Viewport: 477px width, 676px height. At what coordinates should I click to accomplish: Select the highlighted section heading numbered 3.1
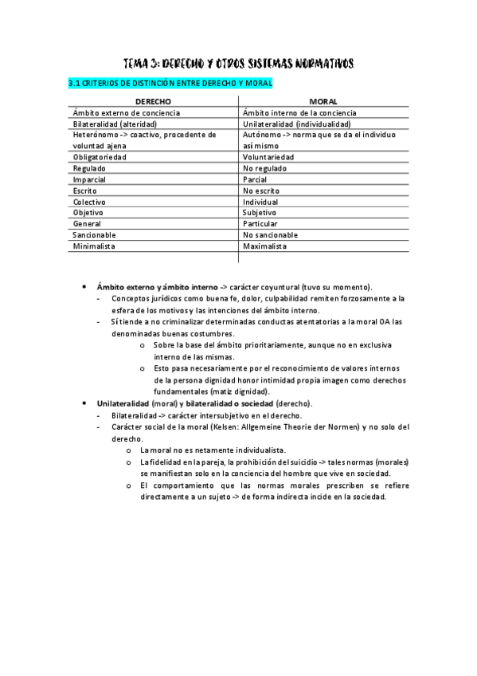click(x=170, y=83)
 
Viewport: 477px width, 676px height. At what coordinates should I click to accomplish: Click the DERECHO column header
click(x=153, y=102)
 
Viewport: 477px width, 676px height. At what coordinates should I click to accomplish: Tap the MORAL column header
click(x=323, y=102)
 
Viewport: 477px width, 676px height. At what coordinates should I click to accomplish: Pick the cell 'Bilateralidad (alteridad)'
click(x=115, y=124)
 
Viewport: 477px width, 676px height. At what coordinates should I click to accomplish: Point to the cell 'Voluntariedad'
click(x=268, y=157)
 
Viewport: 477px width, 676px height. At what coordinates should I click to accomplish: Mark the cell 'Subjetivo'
click(x=260, y=213)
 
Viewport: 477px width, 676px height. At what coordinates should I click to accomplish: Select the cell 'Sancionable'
click(x=94, y=235)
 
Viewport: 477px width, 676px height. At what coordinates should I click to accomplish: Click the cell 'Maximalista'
click(x=265, y=246)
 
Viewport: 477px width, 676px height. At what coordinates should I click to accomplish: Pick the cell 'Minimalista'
click(x=94, y=246)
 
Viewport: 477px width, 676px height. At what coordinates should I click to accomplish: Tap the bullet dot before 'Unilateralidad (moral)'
click(x=84, y=404)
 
